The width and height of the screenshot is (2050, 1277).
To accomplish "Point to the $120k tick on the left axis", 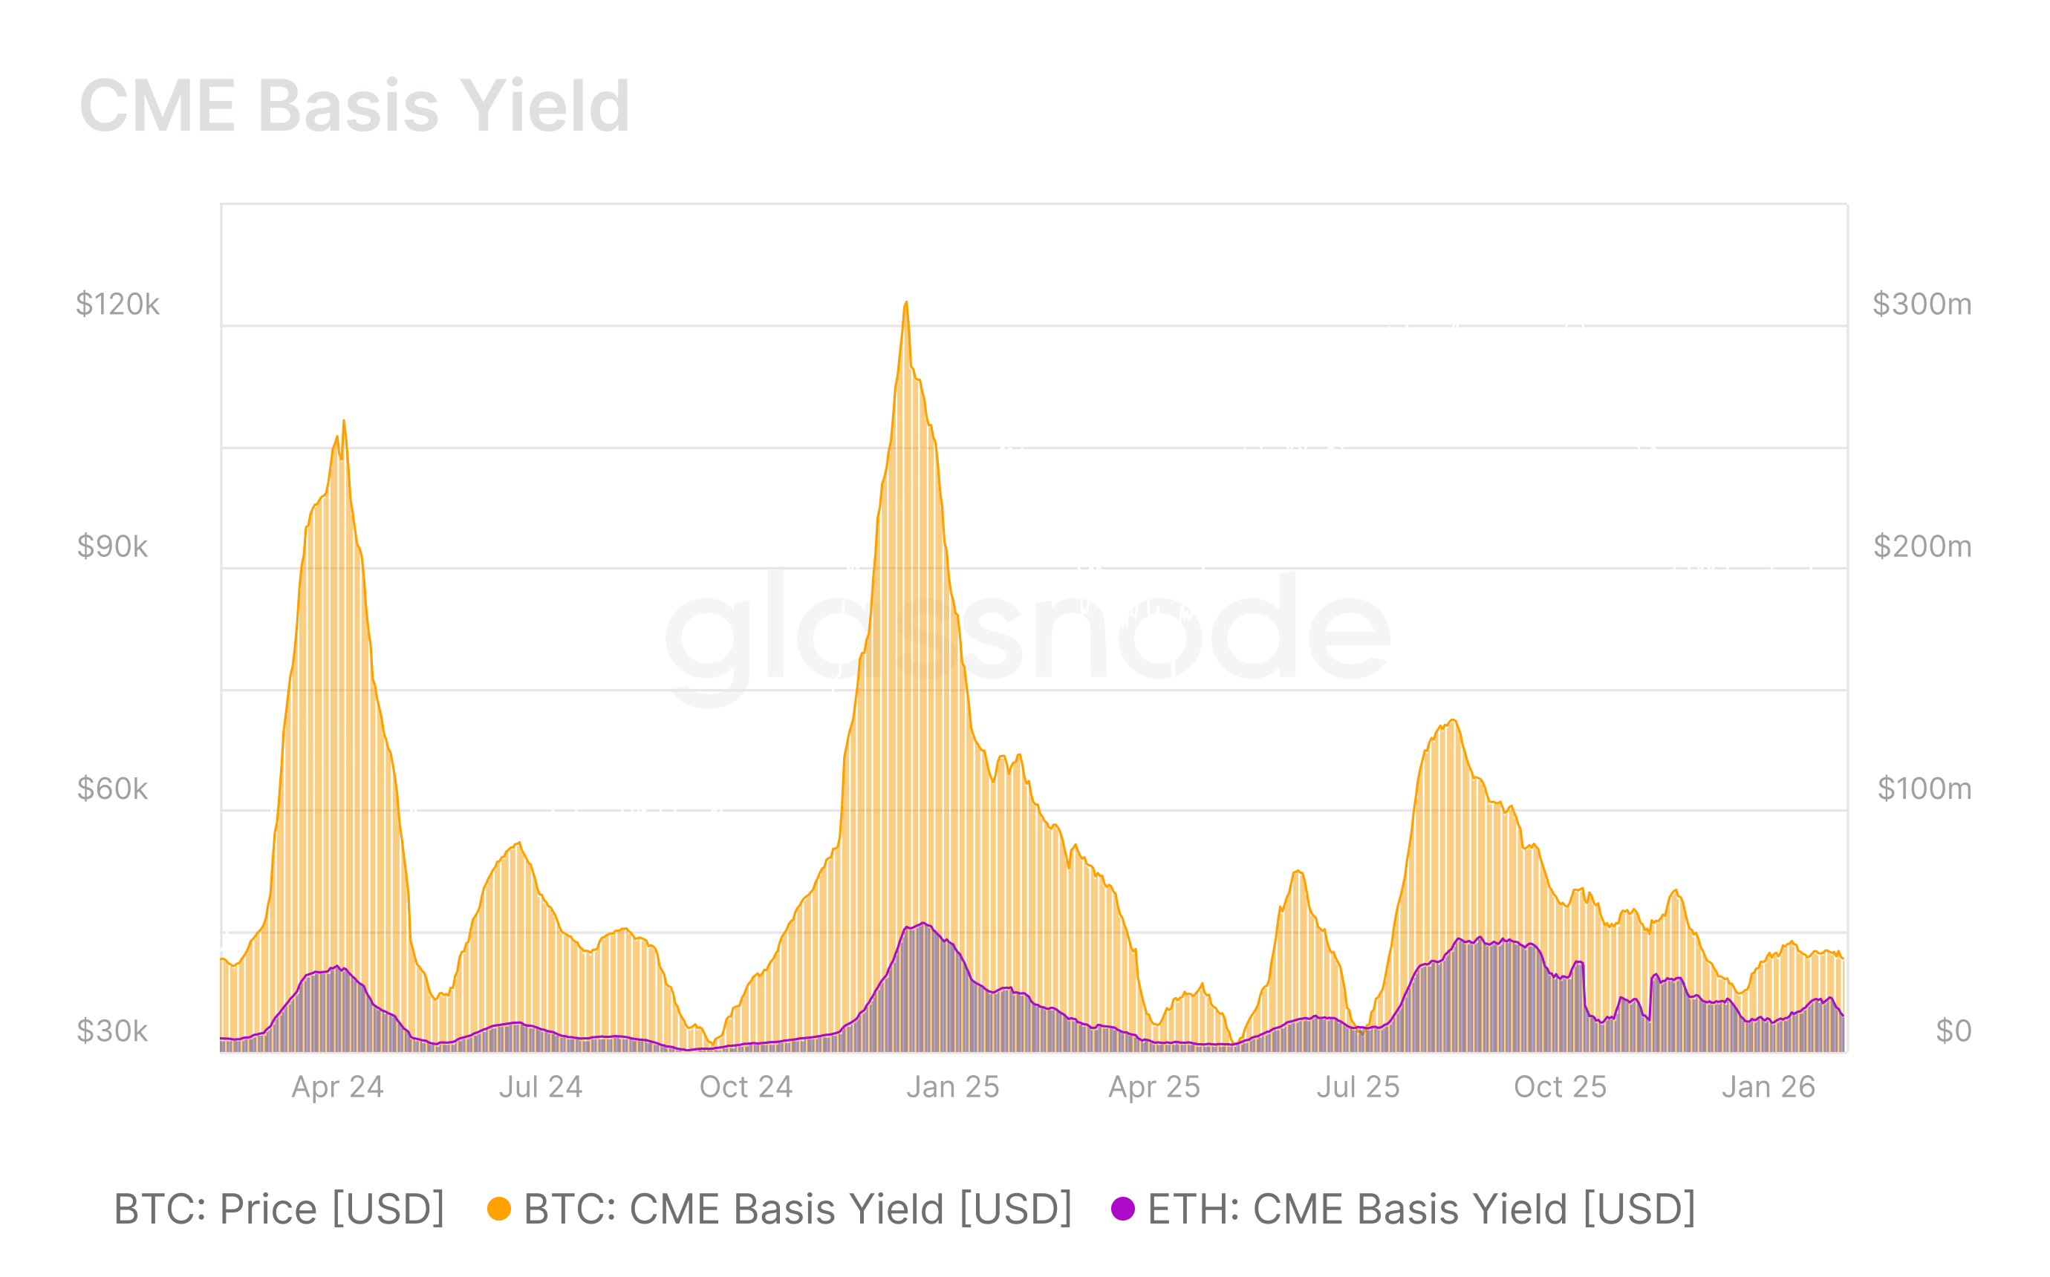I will [117, 304].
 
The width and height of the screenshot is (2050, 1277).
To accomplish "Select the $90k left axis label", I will [112, 546].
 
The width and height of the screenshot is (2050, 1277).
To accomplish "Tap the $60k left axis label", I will [112, 788].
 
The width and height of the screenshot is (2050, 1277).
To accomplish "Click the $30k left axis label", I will [112, 1031].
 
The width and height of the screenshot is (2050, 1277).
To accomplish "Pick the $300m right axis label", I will [1922, 304].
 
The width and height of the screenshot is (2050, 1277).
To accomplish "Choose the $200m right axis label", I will [1922, 546].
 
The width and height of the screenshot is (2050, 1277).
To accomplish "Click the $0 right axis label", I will [1953, 1031].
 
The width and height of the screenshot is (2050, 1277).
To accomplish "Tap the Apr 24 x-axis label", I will [337, 1087].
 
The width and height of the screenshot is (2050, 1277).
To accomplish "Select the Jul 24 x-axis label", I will [541, 1087].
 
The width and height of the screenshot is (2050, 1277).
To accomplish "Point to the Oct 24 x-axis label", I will [746, 1087].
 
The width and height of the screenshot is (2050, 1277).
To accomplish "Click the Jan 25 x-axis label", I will [953, 1087].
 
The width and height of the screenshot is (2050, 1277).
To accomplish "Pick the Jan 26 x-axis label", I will [1768, 1087].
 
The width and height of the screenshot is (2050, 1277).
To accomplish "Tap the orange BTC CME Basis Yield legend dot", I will [499, 1209].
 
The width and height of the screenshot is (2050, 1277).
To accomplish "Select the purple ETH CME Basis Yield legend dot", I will [1122, 1209].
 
